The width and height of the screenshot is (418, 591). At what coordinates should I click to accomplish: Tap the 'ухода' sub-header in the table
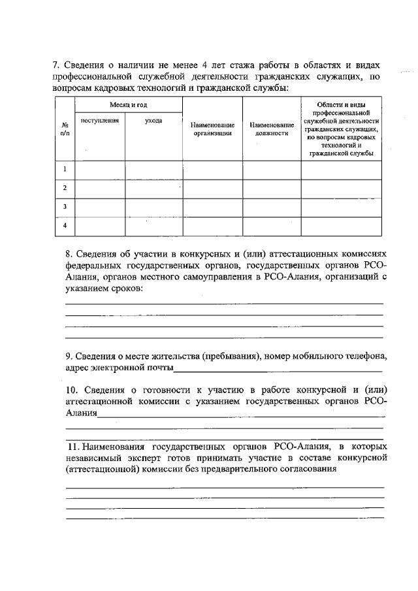pyautogui.click(x=153, y=121)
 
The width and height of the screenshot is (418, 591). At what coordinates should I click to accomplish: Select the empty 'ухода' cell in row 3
pyautogui.click(x=153, y=207)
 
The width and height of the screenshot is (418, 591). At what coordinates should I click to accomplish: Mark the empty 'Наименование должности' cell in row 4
pyautogui.click(x=272, y=225)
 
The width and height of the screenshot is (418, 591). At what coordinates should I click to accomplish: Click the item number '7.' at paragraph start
pyautogui.click(x=56, y=65)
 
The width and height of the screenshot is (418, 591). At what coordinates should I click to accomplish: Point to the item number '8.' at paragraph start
pyautogui.click(x=69, y=253)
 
